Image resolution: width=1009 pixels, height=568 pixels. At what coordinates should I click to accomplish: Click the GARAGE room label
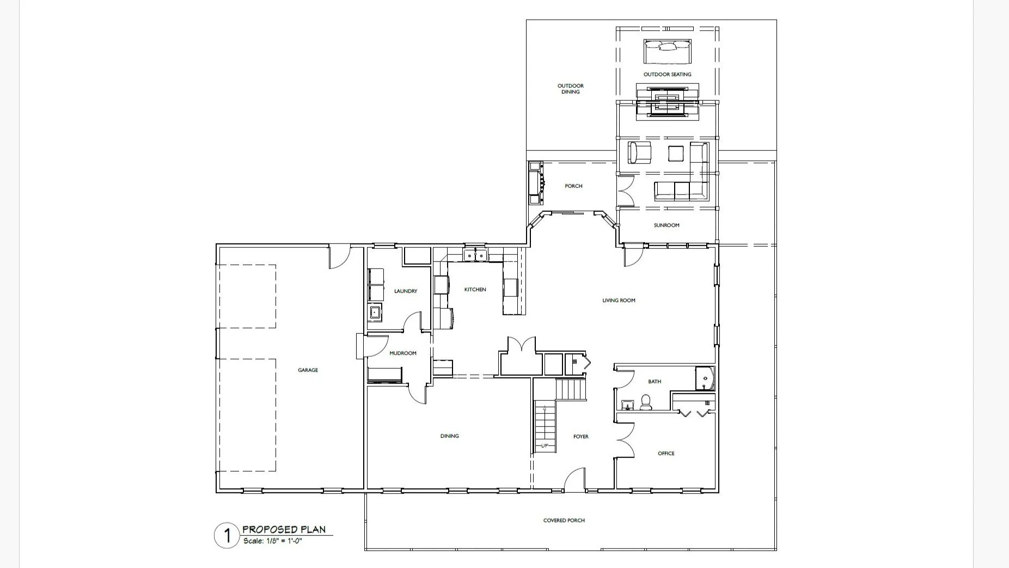click(x=308, y=370)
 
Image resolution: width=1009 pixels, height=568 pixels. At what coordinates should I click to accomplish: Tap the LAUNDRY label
click(x=406, y=291)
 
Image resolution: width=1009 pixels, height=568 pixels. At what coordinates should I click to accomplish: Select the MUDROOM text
click(x=403, y=353)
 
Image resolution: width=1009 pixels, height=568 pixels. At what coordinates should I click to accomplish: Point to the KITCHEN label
click(x=475, y=290)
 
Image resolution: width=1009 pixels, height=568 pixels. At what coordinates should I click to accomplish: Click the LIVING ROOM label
click(x=619, y=301)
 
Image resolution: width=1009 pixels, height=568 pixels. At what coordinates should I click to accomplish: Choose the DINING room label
click(x=450, y=436)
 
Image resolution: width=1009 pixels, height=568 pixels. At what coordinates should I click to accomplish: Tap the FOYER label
click(x=581, y=437)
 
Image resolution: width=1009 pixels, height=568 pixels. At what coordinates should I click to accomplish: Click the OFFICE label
click(x=666, y=454)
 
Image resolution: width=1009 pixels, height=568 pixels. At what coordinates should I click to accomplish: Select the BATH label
click(x=655, y=382)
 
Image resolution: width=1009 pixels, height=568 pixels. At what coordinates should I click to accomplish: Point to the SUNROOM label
click(x=666, y=225)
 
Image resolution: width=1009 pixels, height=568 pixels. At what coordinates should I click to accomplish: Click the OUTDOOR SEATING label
click(x=668, y=75)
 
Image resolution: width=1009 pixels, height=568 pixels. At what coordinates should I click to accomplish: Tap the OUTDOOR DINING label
click(x=571, y=89)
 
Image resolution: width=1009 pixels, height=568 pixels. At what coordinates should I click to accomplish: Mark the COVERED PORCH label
click(x=564, y=521)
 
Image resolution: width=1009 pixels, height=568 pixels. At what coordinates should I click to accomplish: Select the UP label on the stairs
click(x=545, y=446)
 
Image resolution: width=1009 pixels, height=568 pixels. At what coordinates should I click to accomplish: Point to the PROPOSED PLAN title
click(x=284, y=529)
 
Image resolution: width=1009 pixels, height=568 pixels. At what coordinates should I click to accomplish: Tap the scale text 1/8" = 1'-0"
click(x=283, y=541)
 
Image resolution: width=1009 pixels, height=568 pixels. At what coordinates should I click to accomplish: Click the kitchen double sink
click(x=475, y=255)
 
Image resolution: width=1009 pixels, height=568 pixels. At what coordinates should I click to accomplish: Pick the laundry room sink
click(x=375, y=313)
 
